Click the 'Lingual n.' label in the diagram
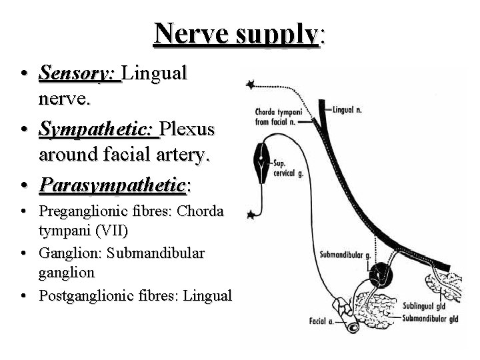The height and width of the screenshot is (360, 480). [x=347, y=109]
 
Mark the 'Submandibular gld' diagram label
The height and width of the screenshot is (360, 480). [x=430, y=318]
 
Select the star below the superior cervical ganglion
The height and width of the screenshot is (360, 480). [x=251, y=214]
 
